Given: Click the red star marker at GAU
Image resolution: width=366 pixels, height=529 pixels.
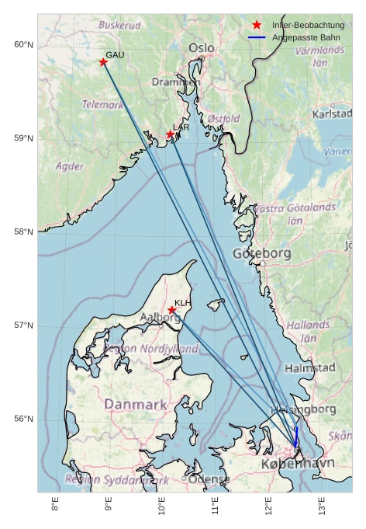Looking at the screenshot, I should click(103, 62).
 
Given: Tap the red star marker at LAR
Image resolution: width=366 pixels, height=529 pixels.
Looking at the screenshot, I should click(171, 134).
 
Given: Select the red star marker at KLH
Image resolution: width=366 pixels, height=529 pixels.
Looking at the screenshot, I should click(172, 310).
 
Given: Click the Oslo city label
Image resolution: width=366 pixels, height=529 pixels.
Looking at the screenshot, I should click(202, 48).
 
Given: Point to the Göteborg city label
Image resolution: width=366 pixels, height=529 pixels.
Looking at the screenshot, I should click(261, 253).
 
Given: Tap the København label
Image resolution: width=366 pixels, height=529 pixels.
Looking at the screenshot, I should click(298, 464).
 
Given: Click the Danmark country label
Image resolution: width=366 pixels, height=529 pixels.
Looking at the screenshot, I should click(136, 405).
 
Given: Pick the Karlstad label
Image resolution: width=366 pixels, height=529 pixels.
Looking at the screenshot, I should click(332, 114).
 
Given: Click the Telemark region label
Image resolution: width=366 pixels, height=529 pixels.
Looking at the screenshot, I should click(102, 104).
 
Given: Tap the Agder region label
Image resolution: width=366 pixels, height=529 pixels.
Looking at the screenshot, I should click(70, 166).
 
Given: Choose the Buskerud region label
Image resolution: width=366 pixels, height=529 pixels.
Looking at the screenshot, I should click(119, 25).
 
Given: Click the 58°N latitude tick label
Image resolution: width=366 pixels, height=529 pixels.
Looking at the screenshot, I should click(24, 231).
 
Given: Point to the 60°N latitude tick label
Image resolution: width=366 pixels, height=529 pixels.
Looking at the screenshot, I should click(24, 44).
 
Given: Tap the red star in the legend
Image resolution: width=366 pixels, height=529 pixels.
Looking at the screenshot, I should click(257, 26).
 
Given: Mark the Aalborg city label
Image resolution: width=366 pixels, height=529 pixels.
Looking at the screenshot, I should click(160, 318).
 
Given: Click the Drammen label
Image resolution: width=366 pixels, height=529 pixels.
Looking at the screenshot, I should click(176, 82).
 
